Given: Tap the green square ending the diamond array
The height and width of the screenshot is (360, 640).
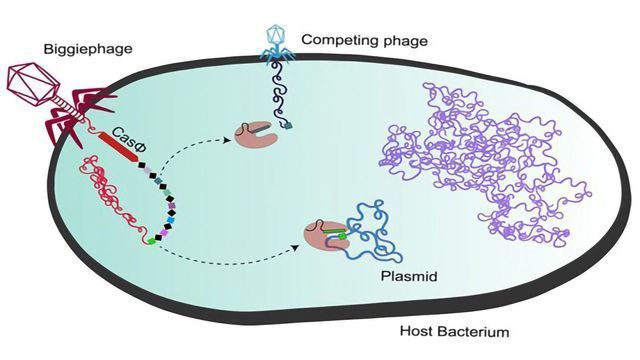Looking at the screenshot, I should pyautogui.click(x=150, y=241).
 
